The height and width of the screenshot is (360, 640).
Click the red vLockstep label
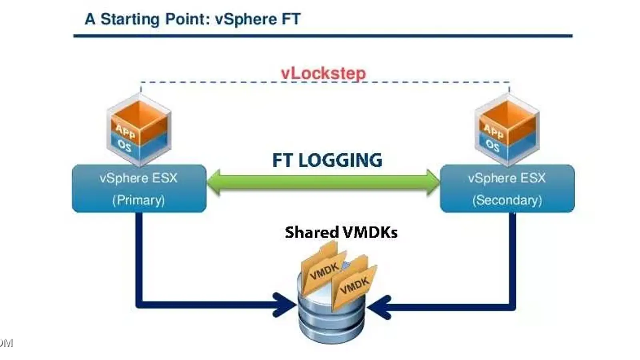tap(323, 73)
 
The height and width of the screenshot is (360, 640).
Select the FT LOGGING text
tap(327, 160)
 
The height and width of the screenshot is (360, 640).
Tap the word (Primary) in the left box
tap(138, 200)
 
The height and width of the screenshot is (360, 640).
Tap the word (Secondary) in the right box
tap(507, 200)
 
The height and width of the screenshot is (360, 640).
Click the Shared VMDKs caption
tap(341, 232)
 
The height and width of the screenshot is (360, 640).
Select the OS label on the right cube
tap(492, 146)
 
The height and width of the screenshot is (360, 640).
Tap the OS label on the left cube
tap(124, 146)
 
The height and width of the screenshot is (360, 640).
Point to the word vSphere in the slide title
tap(246, 19)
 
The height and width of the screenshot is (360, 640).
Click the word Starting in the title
tap(130, 19)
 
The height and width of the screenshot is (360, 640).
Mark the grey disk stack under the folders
tap(331, 320)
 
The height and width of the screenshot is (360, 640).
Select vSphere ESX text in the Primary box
tap(138, 178)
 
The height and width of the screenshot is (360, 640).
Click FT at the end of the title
tap(291, 19)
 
